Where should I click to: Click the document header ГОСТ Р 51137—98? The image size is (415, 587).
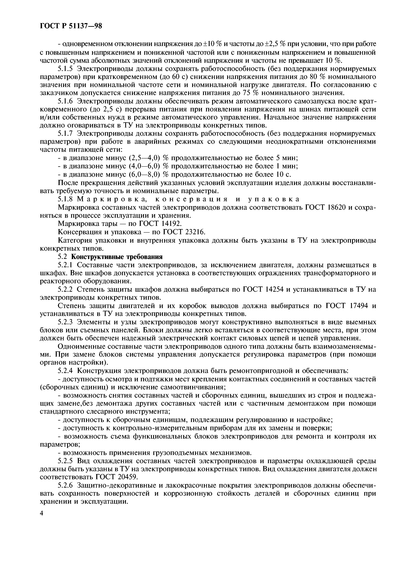point(71,26)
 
